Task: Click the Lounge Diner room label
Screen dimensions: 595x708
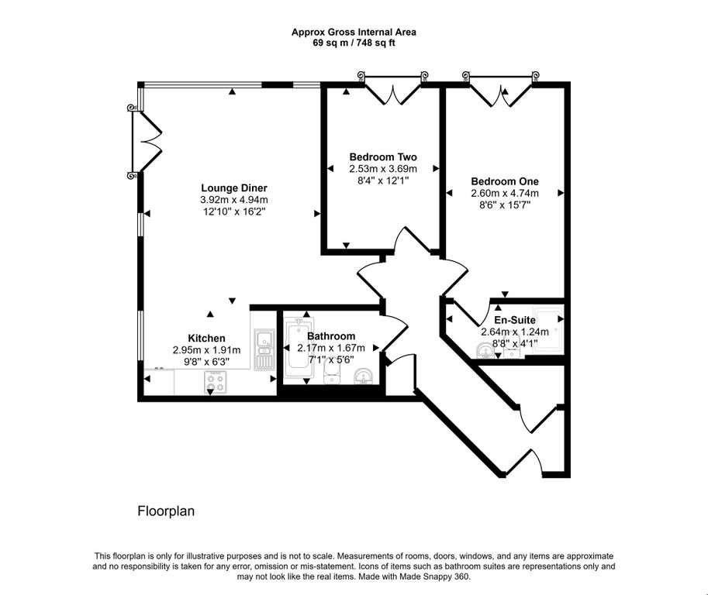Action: pyautogui.click(x=234, y=187)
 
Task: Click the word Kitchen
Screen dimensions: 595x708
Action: pyautogui.click(x=206, y=338)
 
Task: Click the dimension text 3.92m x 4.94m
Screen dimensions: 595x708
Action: pyautogui.click(x=234, y=199)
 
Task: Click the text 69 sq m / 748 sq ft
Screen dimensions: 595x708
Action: pyautogui.click(x=354, y=43)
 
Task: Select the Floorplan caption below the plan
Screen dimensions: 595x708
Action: pyautogui.click(x=166, y=511)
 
